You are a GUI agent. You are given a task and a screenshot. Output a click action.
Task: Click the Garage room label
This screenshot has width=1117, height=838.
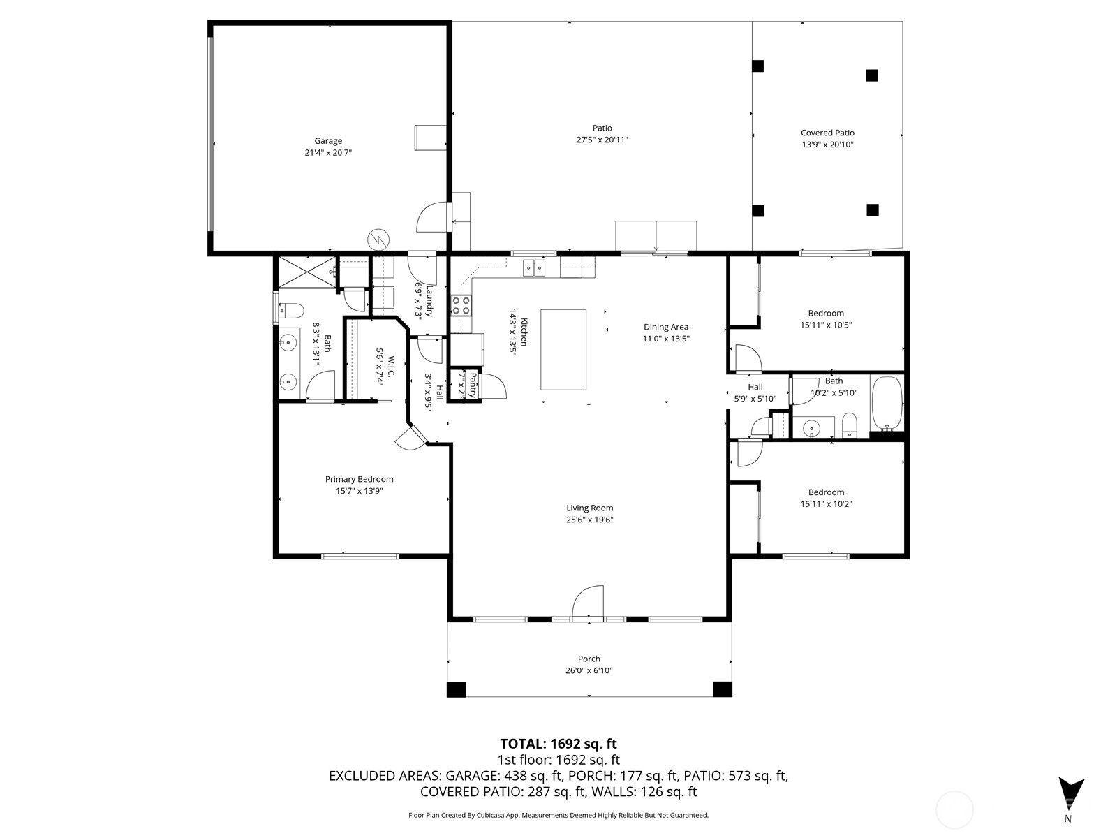pos(327,141)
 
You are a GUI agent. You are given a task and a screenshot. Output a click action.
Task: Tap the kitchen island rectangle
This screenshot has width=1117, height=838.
pos(563,349)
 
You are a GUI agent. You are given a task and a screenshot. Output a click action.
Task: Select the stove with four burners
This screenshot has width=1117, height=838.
pos(461,305)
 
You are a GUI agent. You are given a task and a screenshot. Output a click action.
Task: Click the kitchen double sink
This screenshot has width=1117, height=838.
pos(535,267)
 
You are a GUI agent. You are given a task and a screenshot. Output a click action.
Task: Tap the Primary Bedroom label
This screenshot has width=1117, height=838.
pos(359,479)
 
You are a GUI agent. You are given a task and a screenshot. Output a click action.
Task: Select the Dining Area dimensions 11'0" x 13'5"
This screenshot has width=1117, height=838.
pos(666,339)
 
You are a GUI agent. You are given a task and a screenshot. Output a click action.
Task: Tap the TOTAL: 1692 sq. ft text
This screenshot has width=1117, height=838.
pos(558,744)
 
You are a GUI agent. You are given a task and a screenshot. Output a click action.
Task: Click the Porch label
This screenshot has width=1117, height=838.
pos(589,659)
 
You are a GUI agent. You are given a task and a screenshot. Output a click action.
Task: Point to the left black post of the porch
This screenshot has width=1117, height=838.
pos(456,689)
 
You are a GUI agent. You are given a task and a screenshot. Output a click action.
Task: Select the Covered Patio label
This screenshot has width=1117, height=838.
pos(827,133)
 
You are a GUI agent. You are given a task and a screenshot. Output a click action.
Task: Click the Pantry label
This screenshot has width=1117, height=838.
pos(473,385)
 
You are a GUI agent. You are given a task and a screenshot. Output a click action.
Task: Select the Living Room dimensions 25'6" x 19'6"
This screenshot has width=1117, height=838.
pos(589,520)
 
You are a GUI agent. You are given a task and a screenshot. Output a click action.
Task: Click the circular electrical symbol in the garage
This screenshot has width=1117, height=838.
pos(378,239)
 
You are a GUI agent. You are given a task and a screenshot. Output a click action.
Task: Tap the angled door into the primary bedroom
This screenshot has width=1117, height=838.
pos(409,438)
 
